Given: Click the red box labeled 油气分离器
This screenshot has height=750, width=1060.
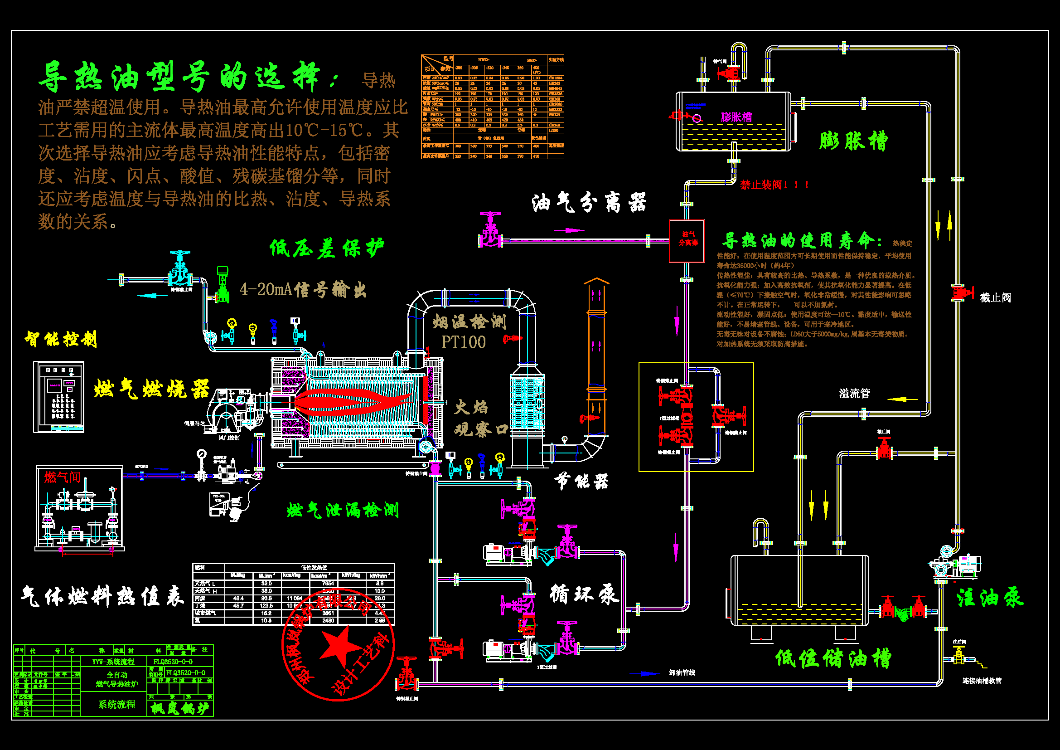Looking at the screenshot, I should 687,241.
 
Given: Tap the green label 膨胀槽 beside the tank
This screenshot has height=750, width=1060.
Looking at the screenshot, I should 853,141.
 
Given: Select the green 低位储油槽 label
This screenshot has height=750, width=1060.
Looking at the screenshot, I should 833,658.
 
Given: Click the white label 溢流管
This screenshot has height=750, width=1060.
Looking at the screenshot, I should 854,393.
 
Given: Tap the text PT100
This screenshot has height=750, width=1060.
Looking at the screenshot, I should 464,342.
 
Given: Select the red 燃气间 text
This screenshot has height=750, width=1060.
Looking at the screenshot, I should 63,477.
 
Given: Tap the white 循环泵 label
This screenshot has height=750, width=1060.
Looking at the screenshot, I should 584,594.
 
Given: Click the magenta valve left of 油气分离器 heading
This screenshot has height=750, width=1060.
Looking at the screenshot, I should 490,231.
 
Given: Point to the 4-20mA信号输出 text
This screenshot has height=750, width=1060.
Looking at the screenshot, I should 303,290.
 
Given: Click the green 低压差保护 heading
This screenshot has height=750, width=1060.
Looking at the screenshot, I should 326,248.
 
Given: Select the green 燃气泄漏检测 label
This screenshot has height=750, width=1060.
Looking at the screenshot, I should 342,510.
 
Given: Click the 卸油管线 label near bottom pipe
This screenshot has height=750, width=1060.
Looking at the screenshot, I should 682,672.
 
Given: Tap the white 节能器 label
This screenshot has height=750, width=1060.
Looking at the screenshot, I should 581,482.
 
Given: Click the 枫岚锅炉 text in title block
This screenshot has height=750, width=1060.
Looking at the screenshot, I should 179,708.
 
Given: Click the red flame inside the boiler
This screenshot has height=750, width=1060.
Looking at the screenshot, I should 351,400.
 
